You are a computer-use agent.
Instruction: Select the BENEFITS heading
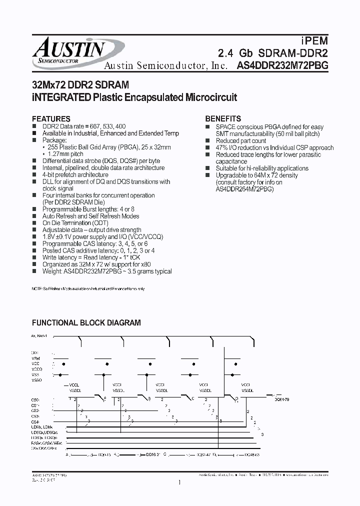coord(223,119)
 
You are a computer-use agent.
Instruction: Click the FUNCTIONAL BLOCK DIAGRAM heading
coord(86,323)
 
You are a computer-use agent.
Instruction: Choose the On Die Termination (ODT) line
coord(73,223)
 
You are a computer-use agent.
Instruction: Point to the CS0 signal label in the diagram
coord(35,399)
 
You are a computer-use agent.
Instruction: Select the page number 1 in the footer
coord(179,482)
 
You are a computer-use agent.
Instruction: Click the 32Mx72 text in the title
coord(48,85)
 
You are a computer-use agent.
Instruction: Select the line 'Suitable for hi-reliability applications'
coord(261,168)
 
